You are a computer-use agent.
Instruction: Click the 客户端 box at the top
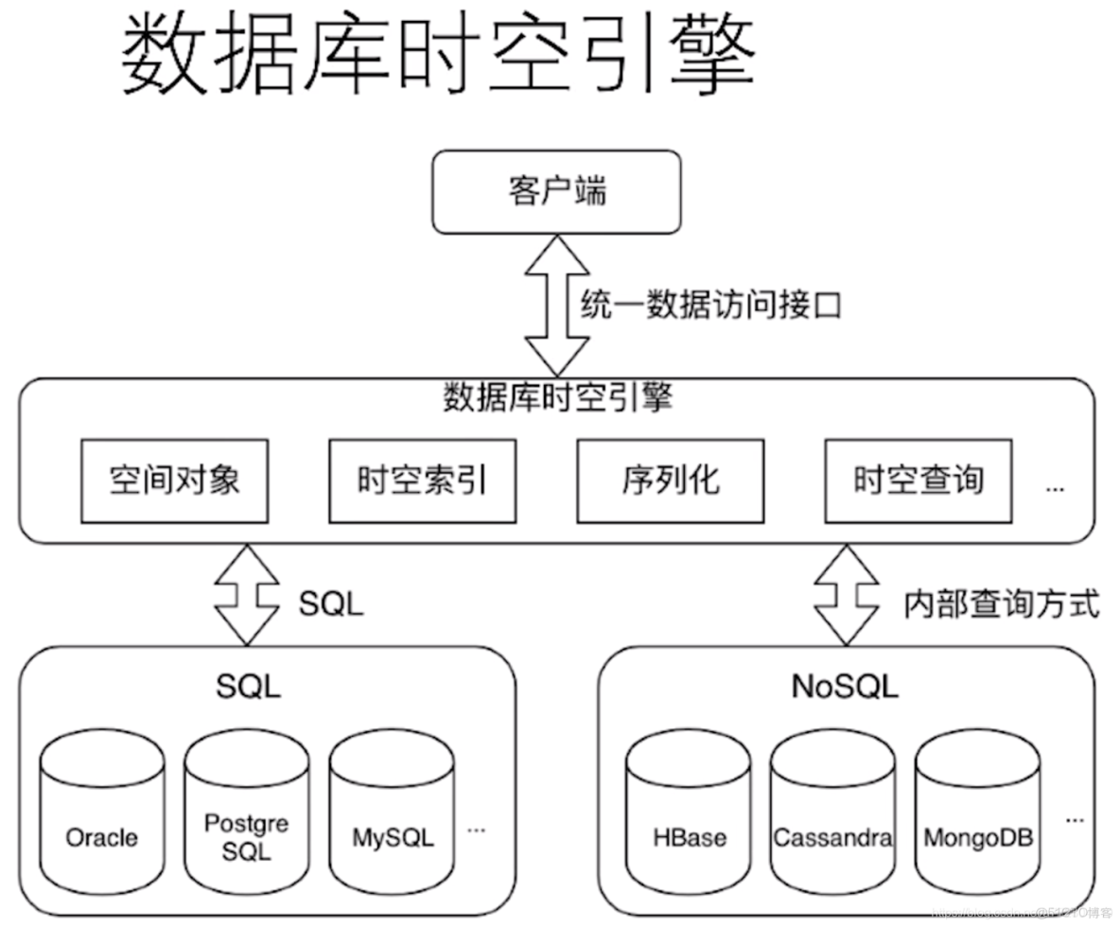coord(556,192)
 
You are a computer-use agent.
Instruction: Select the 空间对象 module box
coord(174,481)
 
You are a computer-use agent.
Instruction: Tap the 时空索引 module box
coord(422,481)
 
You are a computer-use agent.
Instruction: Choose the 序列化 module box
coord(670,481)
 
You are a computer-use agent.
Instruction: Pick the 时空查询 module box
coord(918,481)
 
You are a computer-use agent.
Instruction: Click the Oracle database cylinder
coord(102,813)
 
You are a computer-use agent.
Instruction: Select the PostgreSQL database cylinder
coord(247,813)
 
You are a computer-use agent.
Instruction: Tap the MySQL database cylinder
coord(392,813)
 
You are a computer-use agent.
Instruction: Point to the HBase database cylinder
coord(689,813)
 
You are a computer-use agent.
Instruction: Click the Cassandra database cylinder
coord(832,813)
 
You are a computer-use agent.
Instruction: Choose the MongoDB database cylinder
coord(977,813)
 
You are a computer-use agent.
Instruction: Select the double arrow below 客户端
coord(557,306)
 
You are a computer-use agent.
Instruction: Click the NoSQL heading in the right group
coord(844,687)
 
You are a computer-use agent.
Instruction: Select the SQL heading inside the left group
coord(248,687)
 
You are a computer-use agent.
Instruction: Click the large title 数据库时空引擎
coord(437,55)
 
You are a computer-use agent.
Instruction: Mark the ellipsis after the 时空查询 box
coord(1055,488)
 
